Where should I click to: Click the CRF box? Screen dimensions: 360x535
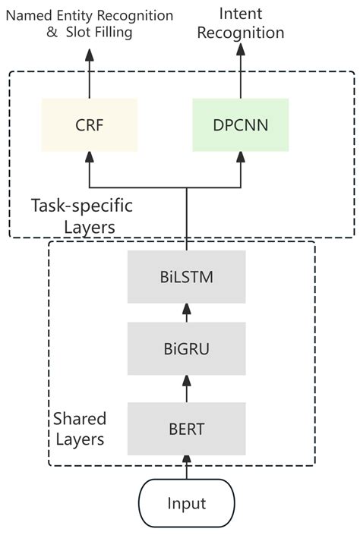coord(90,125)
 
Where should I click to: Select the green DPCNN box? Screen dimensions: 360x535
coord(241,125)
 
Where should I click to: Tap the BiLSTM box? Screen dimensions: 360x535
coord(187,277)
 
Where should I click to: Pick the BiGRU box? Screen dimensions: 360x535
coord(187,349)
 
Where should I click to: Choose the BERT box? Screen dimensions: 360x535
coord(187,429)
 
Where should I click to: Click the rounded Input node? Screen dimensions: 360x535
coord(187,503)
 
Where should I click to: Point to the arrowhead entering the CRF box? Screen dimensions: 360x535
coord(90,156)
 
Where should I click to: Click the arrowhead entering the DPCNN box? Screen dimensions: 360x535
coord(241,156)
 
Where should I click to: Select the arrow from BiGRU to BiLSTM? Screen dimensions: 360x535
coord(187,313)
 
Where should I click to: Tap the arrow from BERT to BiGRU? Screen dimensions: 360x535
coord(187,389)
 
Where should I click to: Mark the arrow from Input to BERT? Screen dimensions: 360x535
coord(187,467)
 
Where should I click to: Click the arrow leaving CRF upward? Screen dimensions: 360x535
coord(90,74)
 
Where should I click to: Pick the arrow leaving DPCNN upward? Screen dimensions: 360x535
coord(241,71)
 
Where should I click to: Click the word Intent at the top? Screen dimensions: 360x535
coord(241,14)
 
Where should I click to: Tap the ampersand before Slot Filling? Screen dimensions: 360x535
coord(52,32)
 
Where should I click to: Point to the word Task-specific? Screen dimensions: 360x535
coord(82,206)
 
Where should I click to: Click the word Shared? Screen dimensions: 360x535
coord(80,418)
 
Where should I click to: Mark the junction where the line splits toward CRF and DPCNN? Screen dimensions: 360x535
coord(187,187)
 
